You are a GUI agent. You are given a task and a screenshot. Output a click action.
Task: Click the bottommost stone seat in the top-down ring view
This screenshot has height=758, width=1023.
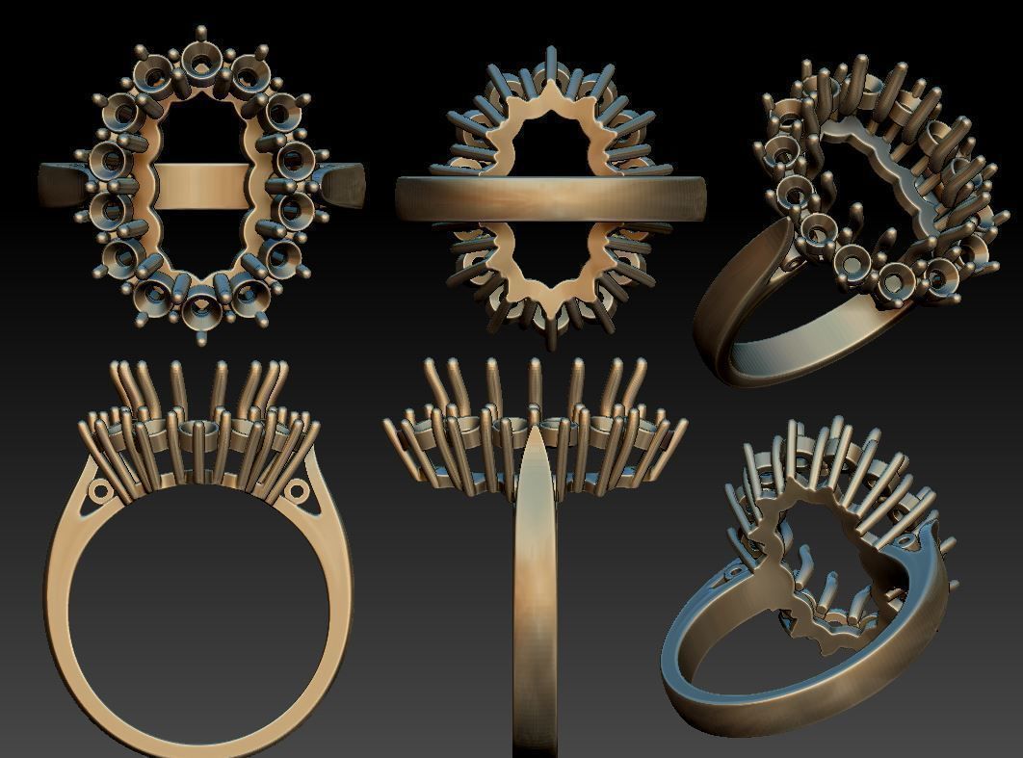click(x=201, y=307)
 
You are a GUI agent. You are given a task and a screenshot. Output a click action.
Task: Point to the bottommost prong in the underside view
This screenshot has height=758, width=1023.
click(x=551, y=333)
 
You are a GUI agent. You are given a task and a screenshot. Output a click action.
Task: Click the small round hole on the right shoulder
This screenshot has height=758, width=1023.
click(x=297, y=493)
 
